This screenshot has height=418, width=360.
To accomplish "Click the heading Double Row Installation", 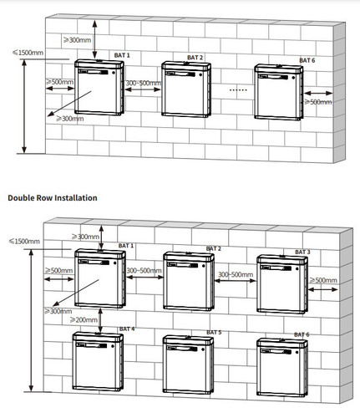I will click(53, 197).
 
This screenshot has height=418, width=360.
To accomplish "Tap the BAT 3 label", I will click(302, 251).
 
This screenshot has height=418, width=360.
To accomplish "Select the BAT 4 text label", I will click(127, 329).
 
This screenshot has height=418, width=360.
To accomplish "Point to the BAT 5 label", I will click(213, 332).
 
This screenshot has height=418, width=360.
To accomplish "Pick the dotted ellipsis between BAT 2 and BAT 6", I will click(238, 88).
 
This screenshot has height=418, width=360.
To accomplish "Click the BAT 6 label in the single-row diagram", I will click(307, 60).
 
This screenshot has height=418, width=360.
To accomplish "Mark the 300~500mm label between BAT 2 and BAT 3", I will click(236, 274).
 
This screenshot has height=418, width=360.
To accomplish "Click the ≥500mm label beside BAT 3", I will click(325, 280).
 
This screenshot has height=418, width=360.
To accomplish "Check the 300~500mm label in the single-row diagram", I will click(142, 84).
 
